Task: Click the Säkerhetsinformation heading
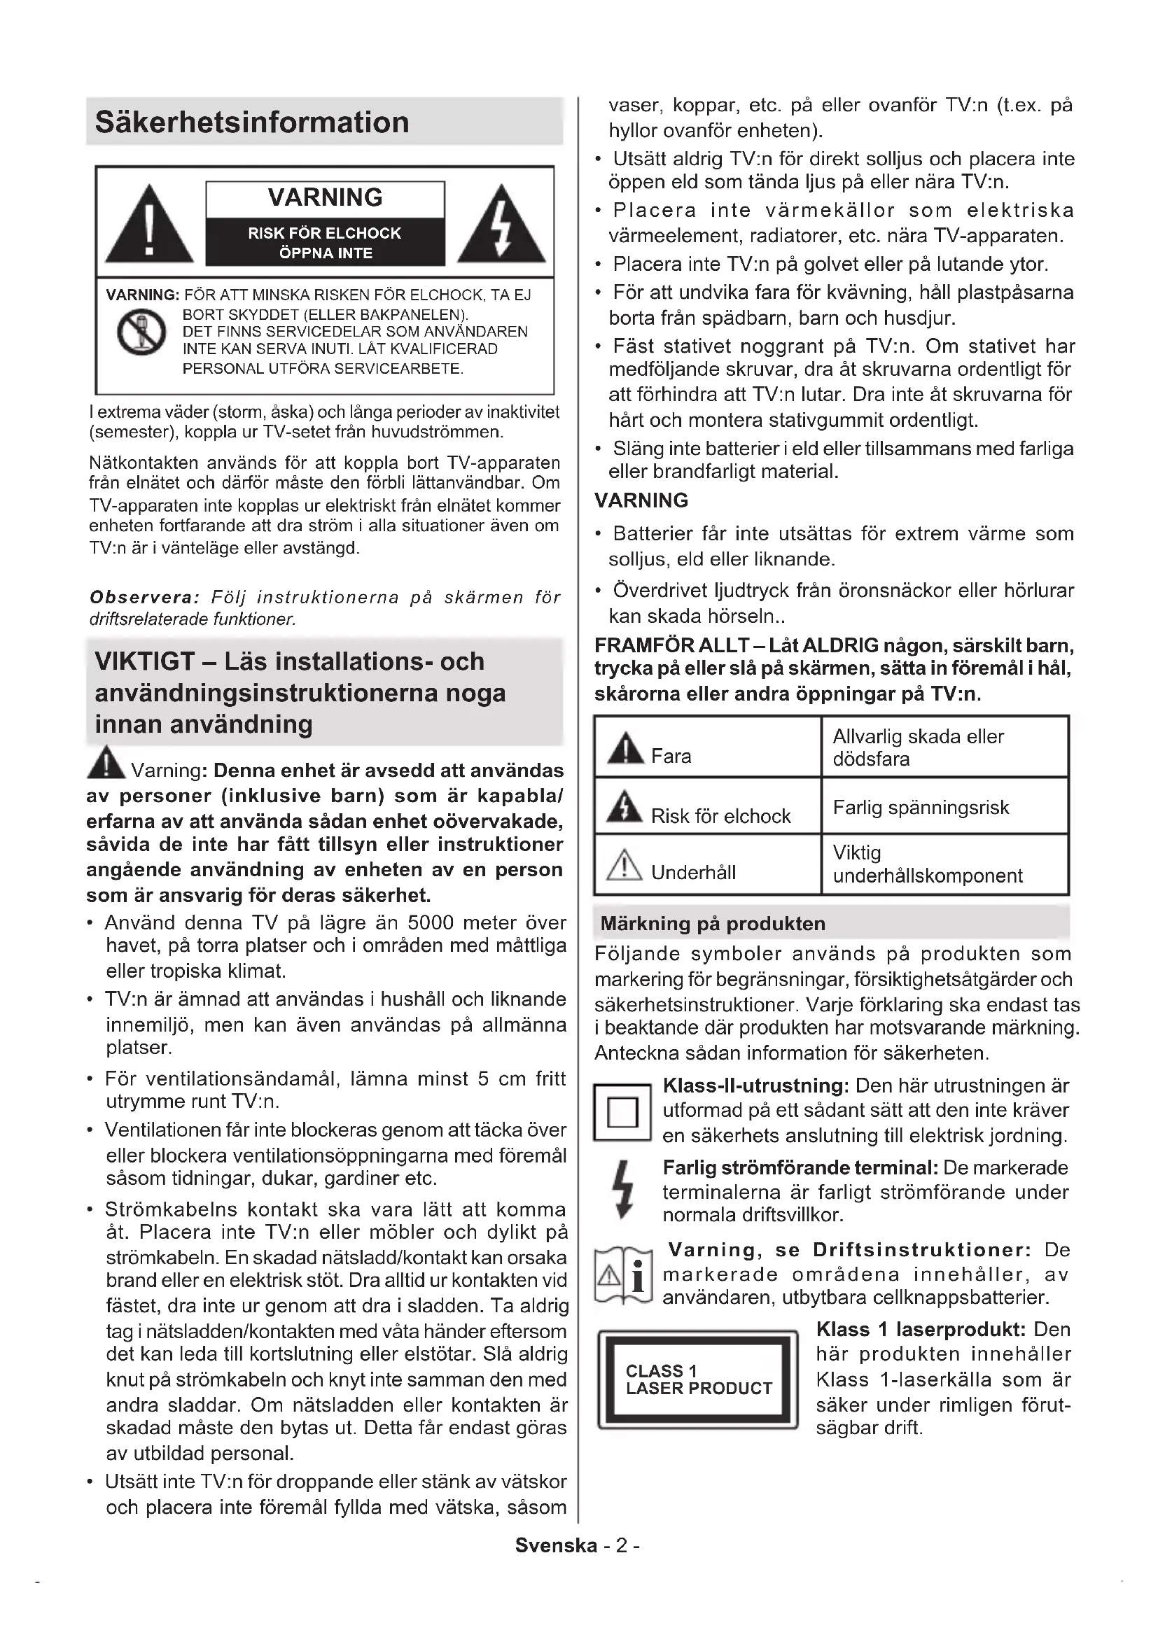(x=252, y=122)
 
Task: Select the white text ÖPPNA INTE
(x=325, y=253)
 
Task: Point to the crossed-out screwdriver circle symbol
(x=141, y=332)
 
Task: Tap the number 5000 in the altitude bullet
(x=430, y=922)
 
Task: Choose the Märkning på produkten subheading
(x=712, y=923)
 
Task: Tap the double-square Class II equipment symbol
(x=622, y=1112)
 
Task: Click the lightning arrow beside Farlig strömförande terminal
(x=624, y=1189)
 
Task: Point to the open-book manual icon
(x=623, y=1277)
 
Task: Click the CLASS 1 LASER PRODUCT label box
(x=698, y=1379)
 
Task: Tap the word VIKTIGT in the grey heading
(x=144, y=661)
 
